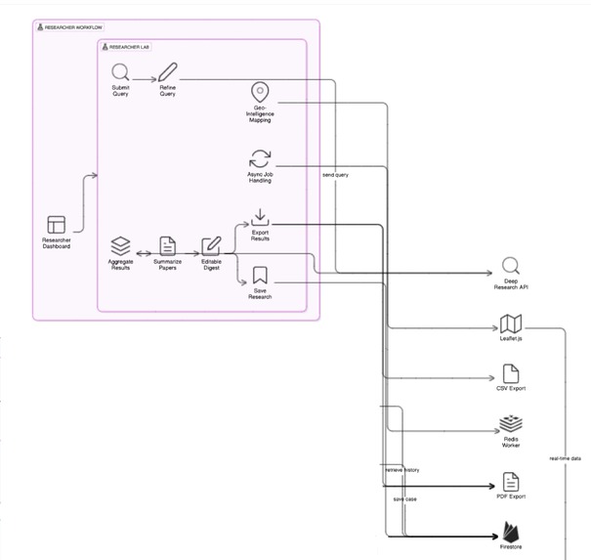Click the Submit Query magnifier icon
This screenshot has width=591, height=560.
coord(120,71)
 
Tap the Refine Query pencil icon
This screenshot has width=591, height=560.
coord(168,71)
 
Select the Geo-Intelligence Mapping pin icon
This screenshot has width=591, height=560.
coord(260,92)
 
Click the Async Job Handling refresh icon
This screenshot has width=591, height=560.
coord(260,158)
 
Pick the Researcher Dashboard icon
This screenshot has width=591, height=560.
coord(56,224)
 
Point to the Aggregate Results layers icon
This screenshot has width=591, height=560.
coord(120,244)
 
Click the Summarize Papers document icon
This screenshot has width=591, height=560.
coord(168,245)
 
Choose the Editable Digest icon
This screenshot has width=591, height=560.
coord(211,245)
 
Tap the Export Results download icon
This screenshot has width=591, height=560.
coord(260,217)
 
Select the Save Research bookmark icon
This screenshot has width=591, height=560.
coord(260,277)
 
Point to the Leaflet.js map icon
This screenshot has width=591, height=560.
coord(510,323)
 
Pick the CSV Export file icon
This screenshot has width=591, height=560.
coord(510,372)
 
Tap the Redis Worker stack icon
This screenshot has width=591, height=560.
coord(510,425)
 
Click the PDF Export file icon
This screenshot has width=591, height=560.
coord(510,481)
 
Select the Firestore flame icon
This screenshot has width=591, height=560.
coord(510,532)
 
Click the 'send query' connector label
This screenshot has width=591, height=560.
coord(335,174)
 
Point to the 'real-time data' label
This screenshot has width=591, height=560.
coord(565,457)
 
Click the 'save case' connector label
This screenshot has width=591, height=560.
coord(404,499)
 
